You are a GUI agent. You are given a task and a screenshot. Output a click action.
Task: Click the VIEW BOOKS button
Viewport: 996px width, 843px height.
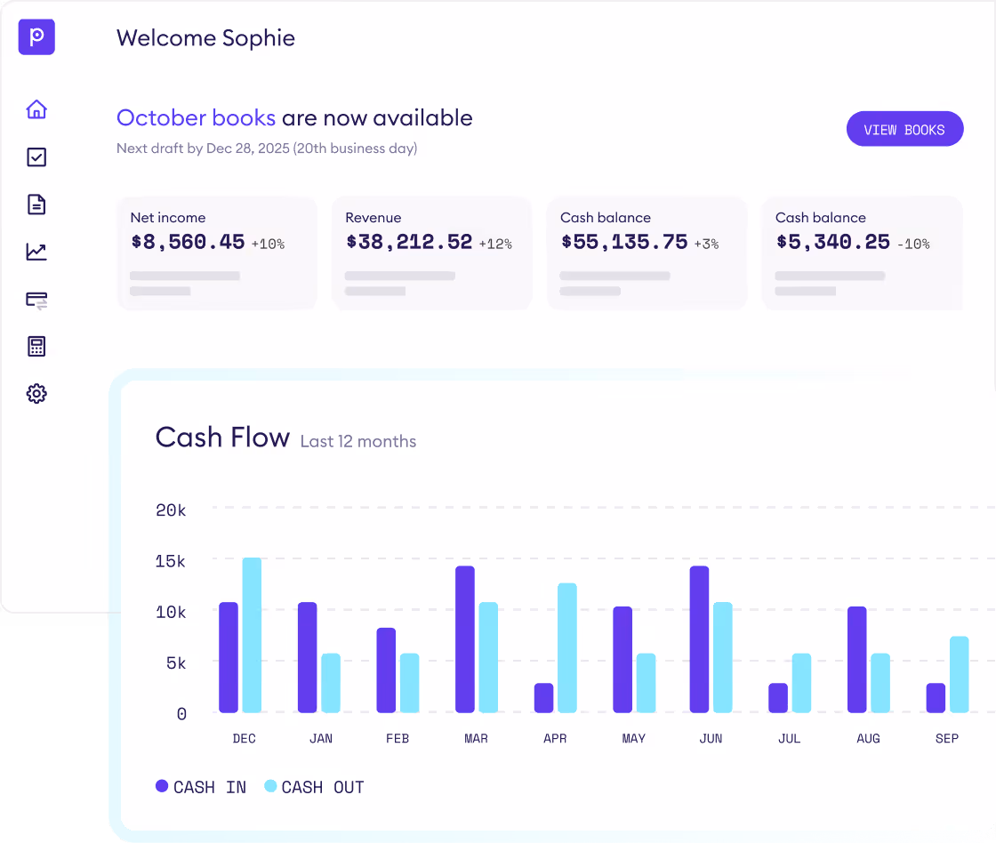904,129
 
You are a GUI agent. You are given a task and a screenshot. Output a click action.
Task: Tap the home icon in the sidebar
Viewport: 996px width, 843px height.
36,109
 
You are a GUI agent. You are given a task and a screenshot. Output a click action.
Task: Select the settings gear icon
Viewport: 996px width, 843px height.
36,393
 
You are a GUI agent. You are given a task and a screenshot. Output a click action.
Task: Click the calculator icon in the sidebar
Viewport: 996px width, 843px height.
36,346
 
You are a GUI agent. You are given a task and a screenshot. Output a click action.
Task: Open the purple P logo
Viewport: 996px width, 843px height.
36,37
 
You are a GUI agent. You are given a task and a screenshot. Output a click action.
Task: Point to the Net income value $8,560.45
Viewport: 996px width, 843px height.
188,242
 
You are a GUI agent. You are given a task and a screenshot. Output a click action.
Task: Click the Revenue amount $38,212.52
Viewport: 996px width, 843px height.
409,242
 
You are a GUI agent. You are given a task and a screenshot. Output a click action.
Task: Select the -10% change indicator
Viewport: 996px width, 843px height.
912,244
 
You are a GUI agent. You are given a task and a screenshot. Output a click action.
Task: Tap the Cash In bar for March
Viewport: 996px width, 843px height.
465,639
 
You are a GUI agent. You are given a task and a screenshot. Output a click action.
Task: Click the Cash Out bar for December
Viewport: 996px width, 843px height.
252,635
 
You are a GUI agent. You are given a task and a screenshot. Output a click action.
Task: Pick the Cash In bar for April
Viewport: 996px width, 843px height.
543,698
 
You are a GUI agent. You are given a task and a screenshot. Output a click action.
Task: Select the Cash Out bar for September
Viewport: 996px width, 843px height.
959,675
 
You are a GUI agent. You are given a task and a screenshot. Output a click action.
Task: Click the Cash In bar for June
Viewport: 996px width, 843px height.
700,639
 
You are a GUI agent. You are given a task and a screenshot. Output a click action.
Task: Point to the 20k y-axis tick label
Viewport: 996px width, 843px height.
170,510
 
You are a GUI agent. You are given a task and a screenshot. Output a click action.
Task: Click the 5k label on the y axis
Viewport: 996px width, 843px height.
174,663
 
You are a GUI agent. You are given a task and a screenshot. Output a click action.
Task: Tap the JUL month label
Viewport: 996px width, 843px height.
789,739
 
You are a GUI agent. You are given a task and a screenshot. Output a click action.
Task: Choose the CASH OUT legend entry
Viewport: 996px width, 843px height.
315,787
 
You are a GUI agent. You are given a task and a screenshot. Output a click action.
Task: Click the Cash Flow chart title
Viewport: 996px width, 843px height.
222,438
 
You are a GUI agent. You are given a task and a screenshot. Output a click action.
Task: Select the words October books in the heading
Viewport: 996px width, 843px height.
197,118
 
